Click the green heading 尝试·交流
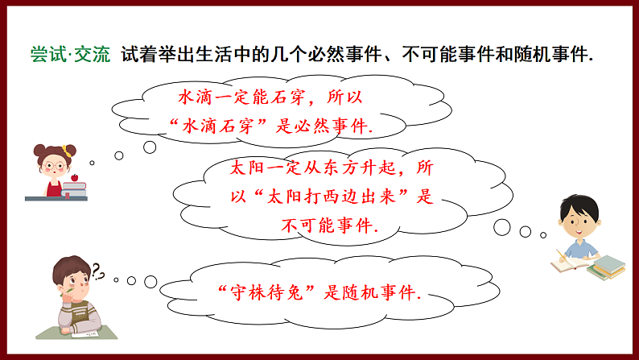[x=71, y=56]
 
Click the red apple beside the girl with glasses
[x=75, y=177]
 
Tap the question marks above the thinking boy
[x=98, y=269]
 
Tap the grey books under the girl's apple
[x=75, y=188]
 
